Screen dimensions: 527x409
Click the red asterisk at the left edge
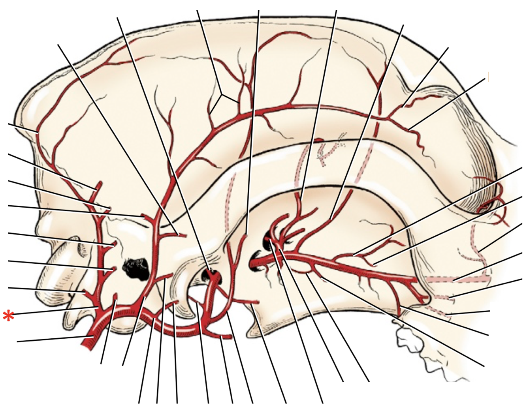click(x=8, y=316)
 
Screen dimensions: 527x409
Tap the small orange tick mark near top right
click(x=489, y=77)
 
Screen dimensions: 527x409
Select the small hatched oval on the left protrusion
click(x=81, y=248)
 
